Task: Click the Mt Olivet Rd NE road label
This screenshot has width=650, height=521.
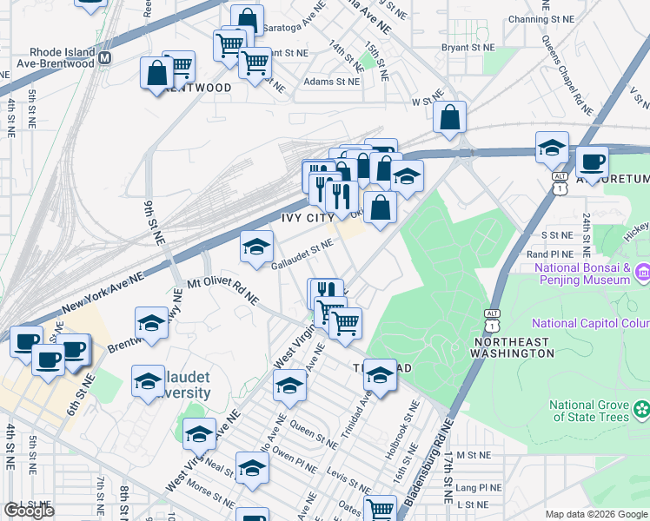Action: click(223, 292)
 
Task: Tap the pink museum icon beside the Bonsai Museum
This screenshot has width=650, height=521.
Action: click(642, 273)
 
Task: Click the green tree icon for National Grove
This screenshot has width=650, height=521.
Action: click(642, 408)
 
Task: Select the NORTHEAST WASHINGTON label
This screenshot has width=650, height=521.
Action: click(513, 347)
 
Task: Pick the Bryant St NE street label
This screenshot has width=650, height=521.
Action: click(468, 48)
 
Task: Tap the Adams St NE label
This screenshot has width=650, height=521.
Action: click(332, 82)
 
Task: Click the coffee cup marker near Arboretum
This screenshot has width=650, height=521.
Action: click(593, 162)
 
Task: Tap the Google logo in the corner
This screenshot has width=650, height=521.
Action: click(29, 511)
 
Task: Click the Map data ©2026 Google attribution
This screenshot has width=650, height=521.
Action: click(596, 514)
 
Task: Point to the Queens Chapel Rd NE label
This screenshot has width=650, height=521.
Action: click(566, 74)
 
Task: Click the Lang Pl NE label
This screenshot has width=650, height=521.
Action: click(479, 488)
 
